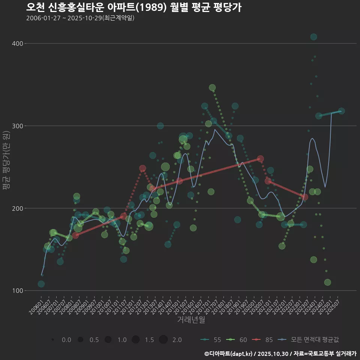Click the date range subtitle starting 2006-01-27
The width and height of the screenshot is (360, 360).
(x=80, y=18)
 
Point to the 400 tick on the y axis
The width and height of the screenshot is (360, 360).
(x=18, y=43)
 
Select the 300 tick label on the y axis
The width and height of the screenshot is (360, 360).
(x=18, y=126)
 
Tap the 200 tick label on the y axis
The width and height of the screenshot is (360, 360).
(x=18, y=208)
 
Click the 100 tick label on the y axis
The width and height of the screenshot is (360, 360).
(x=18, y=291)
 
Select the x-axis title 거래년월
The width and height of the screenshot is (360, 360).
(x=191, y=320)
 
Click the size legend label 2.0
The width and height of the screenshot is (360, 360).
(x=177, y=340)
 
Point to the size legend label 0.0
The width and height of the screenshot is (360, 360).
(x=66, y=340)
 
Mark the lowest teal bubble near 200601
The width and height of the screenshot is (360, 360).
(x=41, y=284)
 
